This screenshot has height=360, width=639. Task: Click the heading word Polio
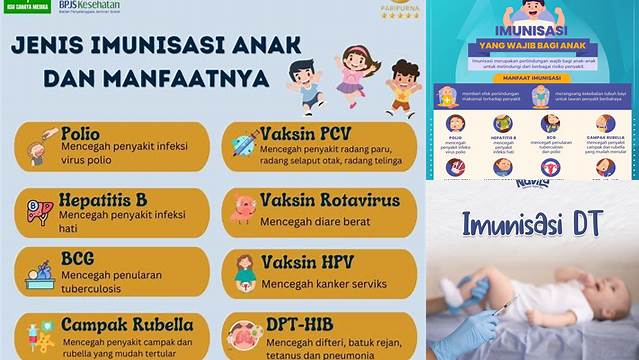(x=80, y=133)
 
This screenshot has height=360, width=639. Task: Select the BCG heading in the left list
(x=77, y=258)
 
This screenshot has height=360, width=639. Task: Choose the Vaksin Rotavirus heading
(x=329, y=200)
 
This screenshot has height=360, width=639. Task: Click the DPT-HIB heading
(x=298, y=326)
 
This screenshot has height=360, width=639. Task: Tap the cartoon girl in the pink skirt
(x=352, y=72)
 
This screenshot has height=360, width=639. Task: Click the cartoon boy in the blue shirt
(x=304, y=85)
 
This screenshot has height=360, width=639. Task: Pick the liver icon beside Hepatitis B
(x=39, y=211)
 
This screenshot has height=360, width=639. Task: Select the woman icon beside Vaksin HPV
(x=245, y=269)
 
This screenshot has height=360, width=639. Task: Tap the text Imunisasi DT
(x=532, y=222)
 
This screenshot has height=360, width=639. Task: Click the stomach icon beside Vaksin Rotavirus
(x=241, y=208)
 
